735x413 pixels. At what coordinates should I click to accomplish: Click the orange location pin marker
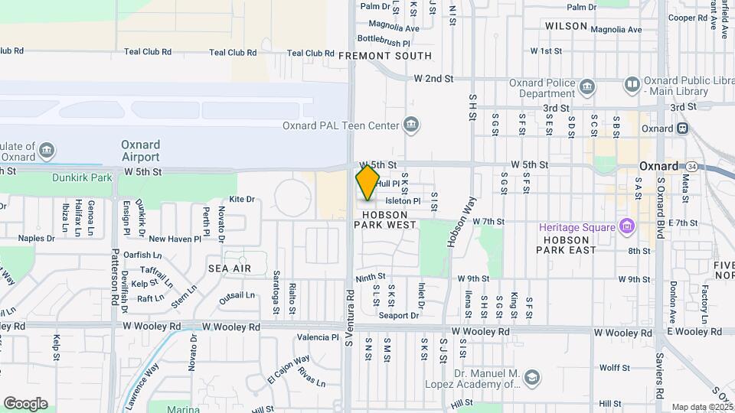(x=367, y=183)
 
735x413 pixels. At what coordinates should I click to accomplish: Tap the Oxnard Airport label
(x=141, y=151)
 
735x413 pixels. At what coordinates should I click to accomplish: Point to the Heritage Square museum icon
(x=626, y=227)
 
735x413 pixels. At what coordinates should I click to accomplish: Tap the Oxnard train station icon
(x=681, y=128)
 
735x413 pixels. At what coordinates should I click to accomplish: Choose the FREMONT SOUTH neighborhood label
(x=384, y=56)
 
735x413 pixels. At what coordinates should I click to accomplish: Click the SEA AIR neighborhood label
(x=230, y=268)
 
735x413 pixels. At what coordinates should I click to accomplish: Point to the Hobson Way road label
(x=462, y=220)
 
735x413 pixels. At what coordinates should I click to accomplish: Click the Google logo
(x=25, y=404)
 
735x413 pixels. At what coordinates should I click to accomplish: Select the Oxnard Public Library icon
(x=632, y=83)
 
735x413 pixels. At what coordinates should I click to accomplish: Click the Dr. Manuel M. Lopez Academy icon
(x=531, y=377)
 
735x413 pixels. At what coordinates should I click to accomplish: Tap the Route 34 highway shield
(x=692, y=166)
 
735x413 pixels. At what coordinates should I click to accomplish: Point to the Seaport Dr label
(x=399, y=315)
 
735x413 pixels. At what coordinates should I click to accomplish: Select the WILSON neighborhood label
(x=567, y=26)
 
